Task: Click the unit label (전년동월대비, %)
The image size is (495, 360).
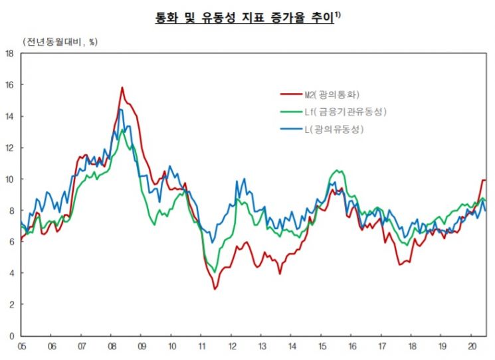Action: pyautogui.click(x=60, y=42)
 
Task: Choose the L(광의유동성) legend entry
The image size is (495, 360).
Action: pyautogui.click(x=334, y=128)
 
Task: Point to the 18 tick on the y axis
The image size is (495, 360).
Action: pyautogui.click(x=9, y=54)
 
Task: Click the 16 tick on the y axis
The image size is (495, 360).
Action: pyautogui.click(x=9, y=85)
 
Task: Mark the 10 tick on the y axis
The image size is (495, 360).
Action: pyautogui.click(x=9, y=179)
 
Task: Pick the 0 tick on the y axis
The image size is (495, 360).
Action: pyautogui.click(x=11, y=336)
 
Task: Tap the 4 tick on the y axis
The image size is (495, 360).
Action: pyautogui.click(x=11, y=273)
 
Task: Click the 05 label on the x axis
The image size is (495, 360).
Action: pyautogui.click(x=21, y=347)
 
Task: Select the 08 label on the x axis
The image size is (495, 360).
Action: pyautogui.click(x=112, y=347)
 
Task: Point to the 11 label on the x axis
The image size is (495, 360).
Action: pyautogui.click(x=201, y=347)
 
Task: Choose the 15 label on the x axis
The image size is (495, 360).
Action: pyautogui.click(x=322, y=347)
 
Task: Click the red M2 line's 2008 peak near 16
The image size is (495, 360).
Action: pyautogui.click(x=122, y=88)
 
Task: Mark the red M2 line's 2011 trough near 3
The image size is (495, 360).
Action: pyautogui.click(x=215, y=289)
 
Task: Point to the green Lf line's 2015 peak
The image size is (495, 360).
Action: pyautogui.click(x=338, y=171)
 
